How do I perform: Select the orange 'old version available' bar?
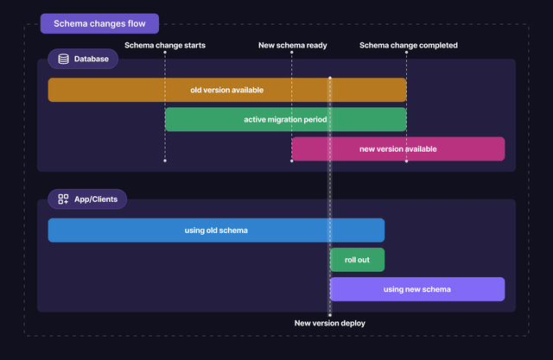pyautogui.click(x=226, y=90)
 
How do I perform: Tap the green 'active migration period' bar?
pyautogui.click(x=285, y=119)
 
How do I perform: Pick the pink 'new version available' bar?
pyautogui.click(x=397, y=148)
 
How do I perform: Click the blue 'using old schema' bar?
pyautogui.click(x=216, y=230)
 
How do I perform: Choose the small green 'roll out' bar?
pyautogui.click(x=357, y=259)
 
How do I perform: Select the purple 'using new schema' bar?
pyautogui.click(x=416, y=289)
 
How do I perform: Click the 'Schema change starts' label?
pyautogui.click(x=165, y=45)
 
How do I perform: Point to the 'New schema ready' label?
pyautogui.click(x=292, y=45)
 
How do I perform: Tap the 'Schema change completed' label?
pyautogui.click(x=408, y=45)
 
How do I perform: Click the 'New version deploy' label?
pyautogui.click(x=329, y=323)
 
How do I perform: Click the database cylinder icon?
pyautogui.click(x=63, y=60)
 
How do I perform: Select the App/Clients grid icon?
pyautogui.click(x=63, y=199)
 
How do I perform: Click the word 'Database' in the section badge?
pyautogui.click(x=92, y=60)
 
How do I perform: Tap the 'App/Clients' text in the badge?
pyautogui.click(x=97, y=199)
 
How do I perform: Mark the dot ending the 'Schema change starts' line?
pyautogui.click(x=165, y=161)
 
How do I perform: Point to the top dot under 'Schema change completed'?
pyautogui.click(x=405, y=53)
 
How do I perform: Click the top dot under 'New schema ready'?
pyautogui.click(x=292, y=53)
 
